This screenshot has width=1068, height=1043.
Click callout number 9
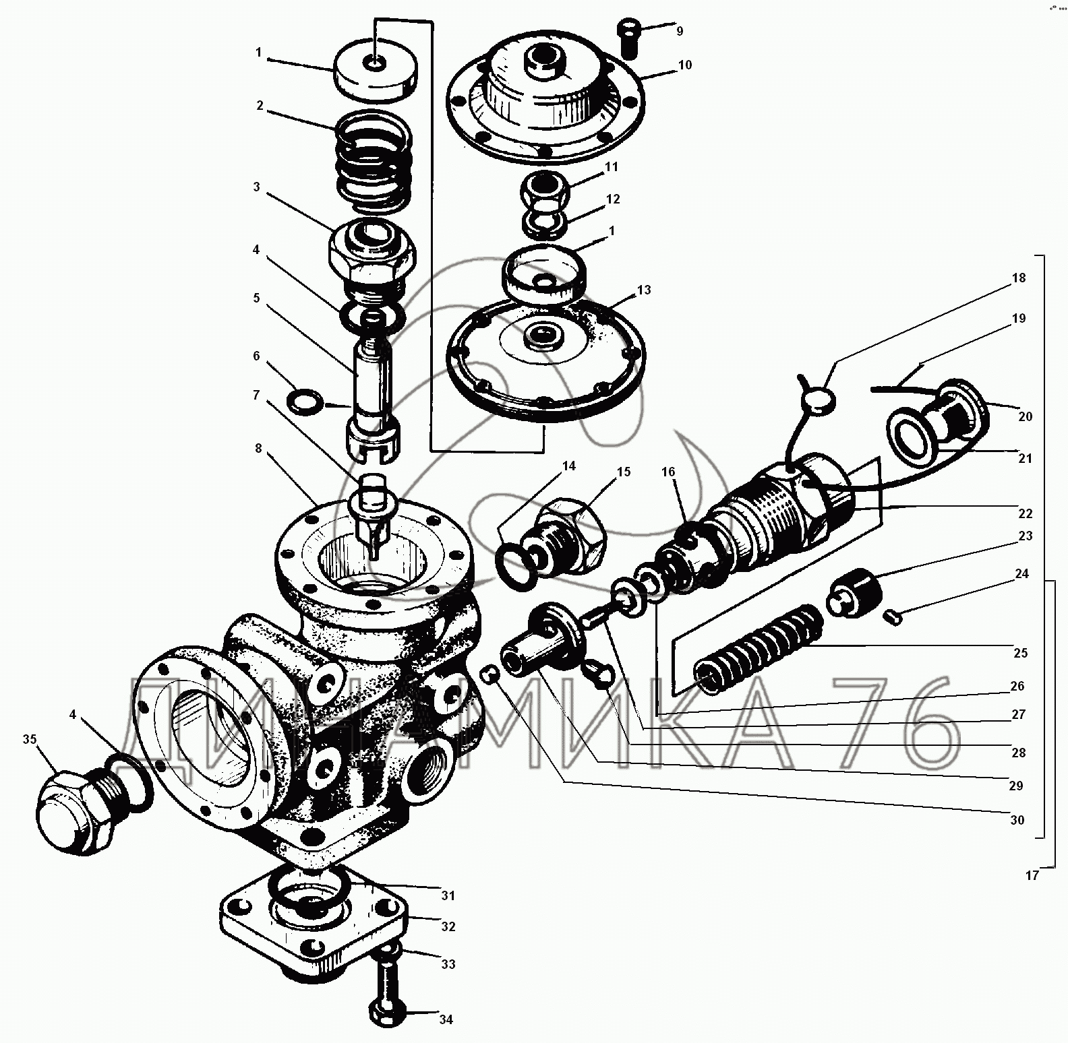click(680, 31)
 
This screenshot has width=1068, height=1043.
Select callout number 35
click(30, 740)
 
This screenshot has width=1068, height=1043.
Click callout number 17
click(1032, 876)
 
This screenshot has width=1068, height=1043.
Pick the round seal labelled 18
click(819, 402)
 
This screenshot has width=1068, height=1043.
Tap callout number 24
click(1022, 574)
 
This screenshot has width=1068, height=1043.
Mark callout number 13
click(644, 290)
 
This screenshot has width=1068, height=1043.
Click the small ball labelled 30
click(489, 673)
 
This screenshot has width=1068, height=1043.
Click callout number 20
click(1025, 416)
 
